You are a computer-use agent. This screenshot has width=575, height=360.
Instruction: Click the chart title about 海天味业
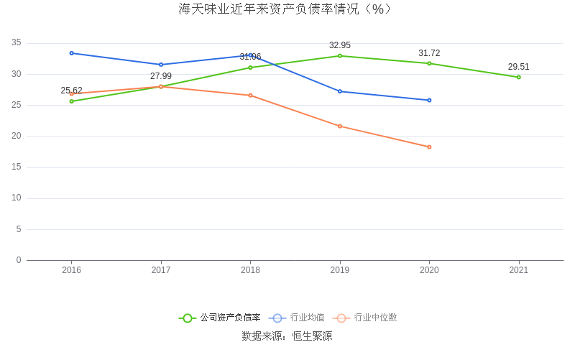287,9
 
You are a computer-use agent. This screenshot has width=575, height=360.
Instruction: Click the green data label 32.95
340,45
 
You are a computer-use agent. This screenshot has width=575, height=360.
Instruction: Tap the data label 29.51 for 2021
518,67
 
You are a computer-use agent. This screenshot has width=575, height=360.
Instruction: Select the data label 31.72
429,53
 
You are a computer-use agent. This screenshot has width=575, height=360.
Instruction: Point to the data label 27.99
161,76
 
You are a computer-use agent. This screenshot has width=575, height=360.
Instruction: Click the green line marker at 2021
518,77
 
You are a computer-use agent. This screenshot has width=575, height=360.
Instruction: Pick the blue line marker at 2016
72,53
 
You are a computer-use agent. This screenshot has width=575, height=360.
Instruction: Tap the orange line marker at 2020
429,147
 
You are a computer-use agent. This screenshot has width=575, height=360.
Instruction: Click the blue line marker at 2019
340,91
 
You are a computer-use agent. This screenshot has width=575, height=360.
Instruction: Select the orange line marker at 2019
340,126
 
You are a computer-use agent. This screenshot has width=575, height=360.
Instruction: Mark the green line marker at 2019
340,56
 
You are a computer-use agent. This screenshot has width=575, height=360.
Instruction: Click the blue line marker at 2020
429,100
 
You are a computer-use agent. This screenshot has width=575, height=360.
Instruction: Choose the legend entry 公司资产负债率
220,318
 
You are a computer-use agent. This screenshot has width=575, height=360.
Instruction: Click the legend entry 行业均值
297,318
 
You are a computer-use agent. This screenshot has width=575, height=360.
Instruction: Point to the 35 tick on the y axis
17,43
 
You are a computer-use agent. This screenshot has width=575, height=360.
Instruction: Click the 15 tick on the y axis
17,167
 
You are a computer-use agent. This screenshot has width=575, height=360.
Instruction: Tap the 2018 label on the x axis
250,270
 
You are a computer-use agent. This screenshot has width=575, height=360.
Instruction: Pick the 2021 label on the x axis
518,270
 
